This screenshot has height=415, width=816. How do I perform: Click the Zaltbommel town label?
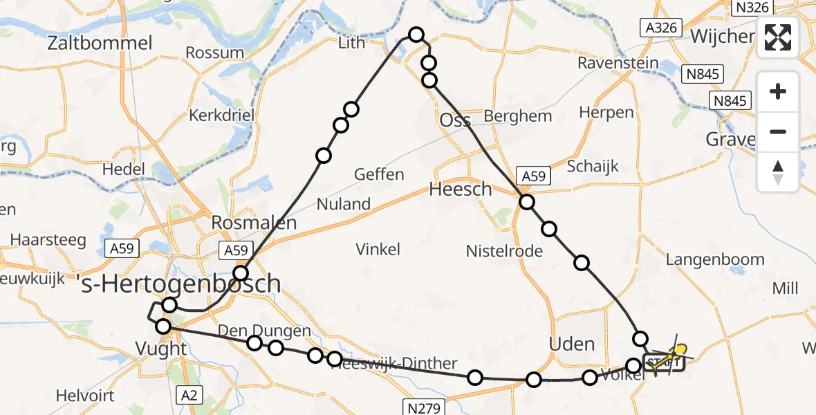(100, 43)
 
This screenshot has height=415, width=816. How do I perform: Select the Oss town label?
(456, 120)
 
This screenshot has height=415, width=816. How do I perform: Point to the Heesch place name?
(461, 189)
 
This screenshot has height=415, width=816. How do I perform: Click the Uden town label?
(571, 344)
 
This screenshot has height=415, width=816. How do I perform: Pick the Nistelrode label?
(504, 250)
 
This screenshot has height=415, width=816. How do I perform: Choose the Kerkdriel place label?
(222, 115)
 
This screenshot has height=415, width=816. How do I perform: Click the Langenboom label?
(715, 259)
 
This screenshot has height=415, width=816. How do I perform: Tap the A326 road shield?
(660, 28)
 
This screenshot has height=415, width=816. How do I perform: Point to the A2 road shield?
(189, 395)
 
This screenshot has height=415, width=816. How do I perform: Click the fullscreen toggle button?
(778, 37)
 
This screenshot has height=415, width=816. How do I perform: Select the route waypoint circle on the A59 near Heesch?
(527, 202)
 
